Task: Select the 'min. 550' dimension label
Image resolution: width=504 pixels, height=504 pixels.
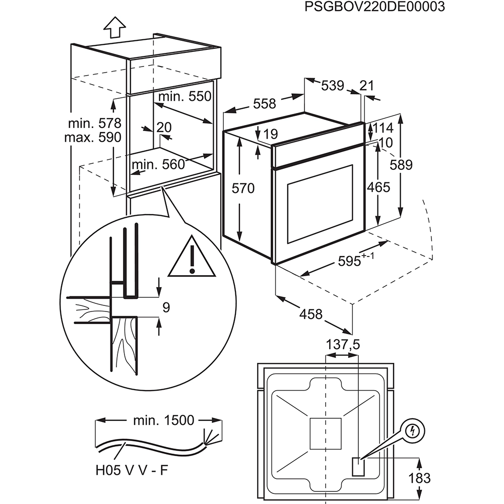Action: coord(184,96)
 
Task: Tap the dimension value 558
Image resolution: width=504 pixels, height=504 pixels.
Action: coord(265,103)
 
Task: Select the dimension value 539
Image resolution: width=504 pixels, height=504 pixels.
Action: coord(333,86)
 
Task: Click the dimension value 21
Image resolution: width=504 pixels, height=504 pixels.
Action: coord(368,86)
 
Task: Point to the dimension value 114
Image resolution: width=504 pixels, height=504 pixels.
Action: coord(383,128)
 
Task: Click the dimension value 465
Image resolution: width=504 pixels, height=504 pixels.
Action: coord(379,187)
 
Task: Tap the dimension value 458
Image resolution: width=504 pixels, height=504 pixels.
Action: coord(310,314)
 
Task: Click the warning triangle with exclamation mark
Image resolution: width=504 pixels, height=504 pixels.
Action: coord(192,259)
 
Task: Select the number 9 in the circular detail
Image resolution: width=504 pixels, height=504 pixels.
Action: coord(167,306)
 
